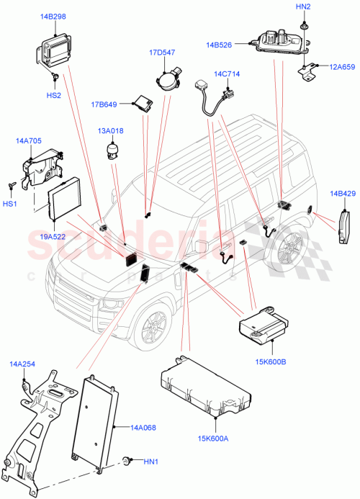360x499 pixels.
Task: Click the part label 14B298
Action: click(x=50, y=16)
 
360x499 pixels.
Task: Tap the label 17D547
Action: click(x=163, y=52)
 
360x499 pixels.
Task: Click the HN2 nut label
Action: click(x=303, y=7)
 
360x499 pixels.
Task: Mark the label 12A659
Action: click(x=341, y=67)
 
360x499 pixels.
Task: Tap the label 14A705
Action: click(x=28, y=142)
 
